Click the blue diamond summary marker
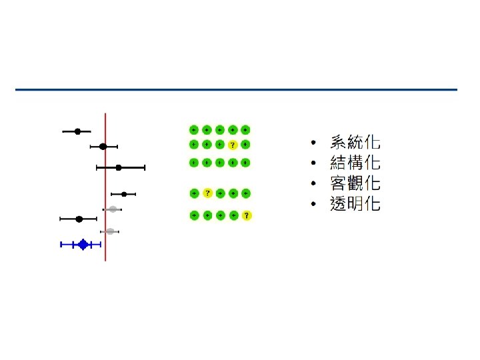click(83, 245)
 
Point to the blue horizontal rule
click(237, 89)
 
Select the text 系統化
click(355, 142)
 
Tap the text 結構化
click(355, 163)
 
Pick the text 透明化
click(355, 204)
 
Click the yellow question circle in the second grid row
click(233, 145)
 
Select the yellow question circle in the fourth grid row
click(207, 193)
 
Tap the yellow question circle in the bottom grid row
click(246, 215)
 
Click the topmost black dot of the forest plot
click(77, 131)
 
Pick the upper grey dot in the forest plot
click(113, 209)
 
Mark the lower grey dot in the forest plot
click(110, 231)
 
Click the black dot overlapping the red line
click(103, 146)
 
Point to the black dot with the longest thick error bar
click(119, 168)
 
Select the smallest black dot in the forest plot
click(124, 194)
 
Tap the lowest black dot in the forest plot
click(79, 219)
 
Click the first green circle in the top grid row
click(194, 129)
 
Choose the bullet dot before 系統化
click(313, 143)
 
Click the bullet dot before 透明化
click(313, 204)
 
